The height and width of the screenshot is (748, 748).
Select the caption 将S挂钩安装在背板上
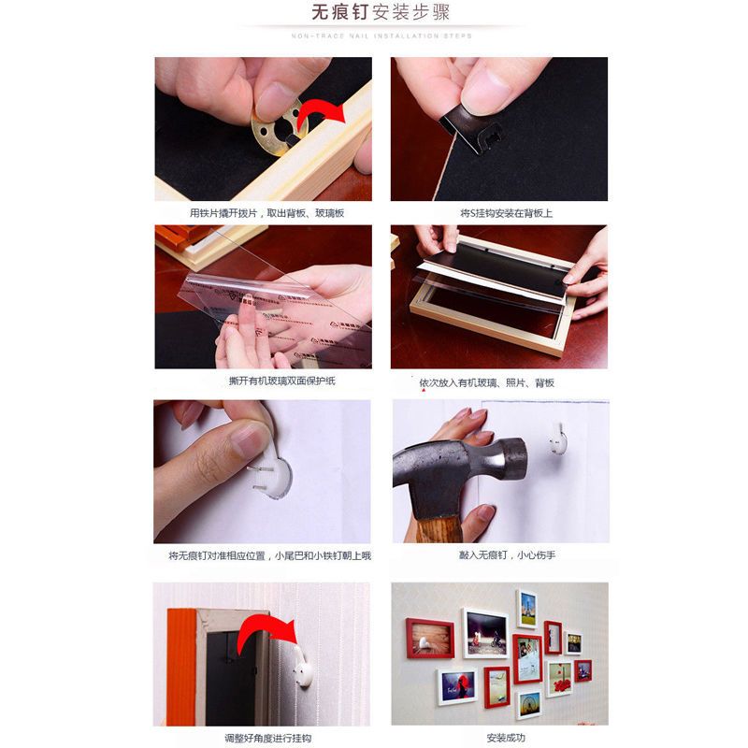(506, 213)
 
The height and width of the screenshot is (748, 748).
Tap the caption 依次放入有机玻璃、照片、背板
(486, 383)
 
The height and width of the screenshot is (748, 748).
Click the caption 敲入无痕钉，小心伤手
(507, 555)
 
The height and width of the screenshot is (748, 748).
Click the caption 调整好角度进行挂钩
(262, 739)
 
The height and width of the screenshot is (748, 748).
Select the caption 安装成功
(506, 739)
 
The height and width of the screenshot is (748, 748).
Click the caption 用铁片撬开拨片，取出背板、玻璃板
(267, 213)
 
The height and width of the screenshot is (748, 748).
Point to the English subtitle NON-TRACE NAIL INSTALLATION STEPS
(381, 36)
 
